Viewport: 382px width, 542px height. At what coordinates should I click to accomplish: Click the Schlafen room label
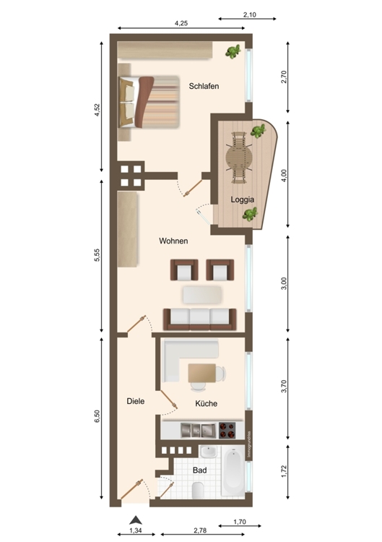point(204,87)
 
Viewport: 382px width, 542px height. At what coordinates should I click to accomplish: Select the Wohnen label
point(175,241)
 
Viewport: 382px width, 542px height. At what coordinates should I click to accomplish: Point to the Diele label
point(136,400)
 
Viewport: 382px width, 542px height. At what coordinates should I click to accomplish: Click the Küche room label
point(206,403)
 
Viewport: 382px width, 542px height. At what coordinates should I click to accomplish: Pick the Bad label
point(200,470)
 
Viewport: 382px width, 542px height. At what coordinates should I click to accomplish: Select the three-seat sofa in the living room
point(199,318)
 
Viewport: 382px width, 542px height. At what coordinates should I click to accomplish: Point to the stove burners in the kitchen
point(227,430)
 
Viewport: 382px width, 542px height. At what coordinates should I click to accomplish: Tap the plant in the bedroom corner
point(233,51)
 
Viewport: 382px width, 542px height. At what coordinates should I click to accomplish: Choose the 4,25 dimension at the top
point(181,24)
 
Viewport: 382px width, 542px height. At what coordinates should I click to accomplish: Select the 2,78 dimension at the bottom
point(201,531)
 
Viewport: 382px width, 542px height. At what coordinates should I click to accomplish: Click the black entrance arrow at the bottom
point(134,518)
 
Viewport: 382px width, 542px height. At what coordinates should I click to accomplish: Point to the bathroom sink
point(207,452)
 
